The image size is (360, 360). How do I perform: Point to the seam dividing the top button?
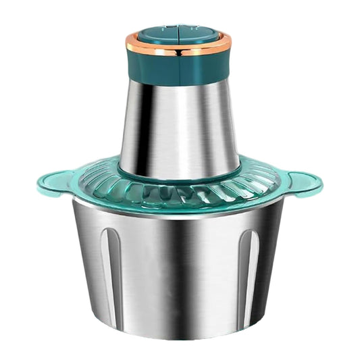178,33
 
